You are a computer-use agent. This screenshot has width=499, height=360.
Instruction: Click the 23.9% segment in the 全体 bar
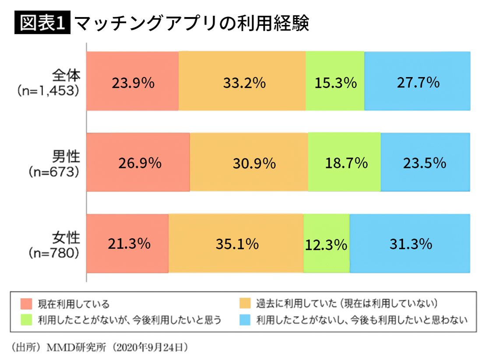click(x=132, y=81)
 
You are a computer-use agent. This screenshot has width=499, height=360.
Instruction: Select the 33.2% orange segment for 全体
click(x=242, y=81)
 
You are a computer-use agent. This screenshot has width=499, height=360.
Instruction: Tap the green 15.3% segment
click(x=335, y=81)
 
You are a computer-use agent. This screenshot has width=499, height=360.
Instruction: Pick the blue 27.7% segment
click(x=417, y=81)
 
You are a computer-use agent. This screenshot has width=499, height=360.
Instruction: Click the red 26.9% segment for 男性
click(x=138, y=163)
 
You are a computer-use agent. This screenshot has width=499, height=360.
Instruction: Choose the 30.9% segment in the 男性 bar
click(x=249, y=163)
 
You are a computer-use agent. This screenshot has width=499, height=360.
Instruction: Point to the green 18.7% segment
click(x=344, y=163)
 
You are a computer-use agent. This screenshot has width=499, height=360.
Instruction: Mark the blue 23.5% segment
click(x=425, y=163)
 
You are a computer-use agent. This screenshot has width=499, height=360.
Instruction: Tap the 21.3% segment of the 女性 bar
click(x=127, y=244)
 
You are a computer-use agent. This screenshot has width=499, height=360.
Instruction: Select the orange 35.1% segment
click(x=236, y=244)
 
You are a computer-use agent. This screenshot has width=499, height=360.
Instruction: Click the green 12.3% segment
click(x=327, y=244)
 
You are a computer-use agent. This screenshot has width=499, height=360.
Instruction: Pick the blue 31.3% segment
click(x=410, y=244)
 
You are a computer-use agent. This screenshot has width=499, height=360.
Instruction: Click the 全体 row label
click(x=67, y=76)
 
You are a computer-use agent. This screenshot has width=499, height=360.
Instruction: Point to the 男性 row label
click(x=67, y=156)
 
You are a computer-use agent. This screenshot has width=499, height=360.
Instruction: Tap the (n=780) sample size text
click(x=54, y=253)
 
